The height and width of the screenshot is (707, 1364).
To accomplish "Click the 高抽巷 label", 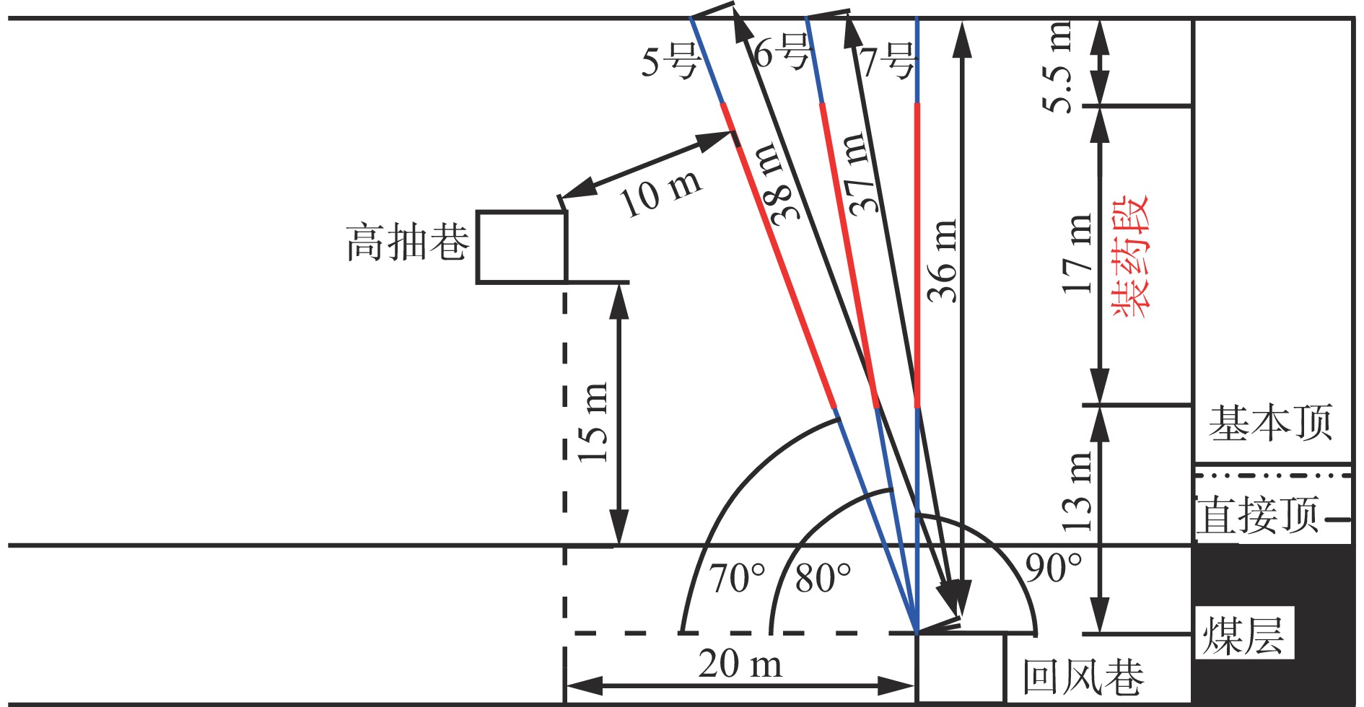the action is [408, 242].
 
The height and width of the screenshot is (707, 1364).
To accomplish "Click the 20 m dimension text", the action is [740, 664].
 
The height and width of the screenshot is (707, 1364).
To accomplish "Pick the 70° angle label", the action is [737, 578].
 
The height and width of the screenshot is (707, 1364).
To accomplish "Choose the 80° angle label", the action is [823, 578].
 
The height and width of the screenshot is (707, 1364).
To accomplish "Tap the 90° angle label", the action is [1054, 568].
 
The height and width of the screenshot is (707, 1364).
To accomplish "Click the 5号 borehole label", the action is [670, 61].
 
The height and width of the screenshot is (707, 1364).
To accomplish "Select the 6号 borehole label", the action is [782, 52].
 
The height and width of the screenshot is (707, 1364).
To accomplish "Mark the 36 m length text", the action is [943, 260].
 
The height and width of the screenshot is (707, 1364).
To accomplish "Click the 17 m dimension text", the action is [1077, 253].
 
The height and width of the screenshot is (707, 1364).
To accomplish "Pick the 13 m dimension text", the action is [1077, 492].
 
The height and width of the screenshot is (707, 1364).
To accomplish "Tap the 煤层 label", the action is [1243, 635].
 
